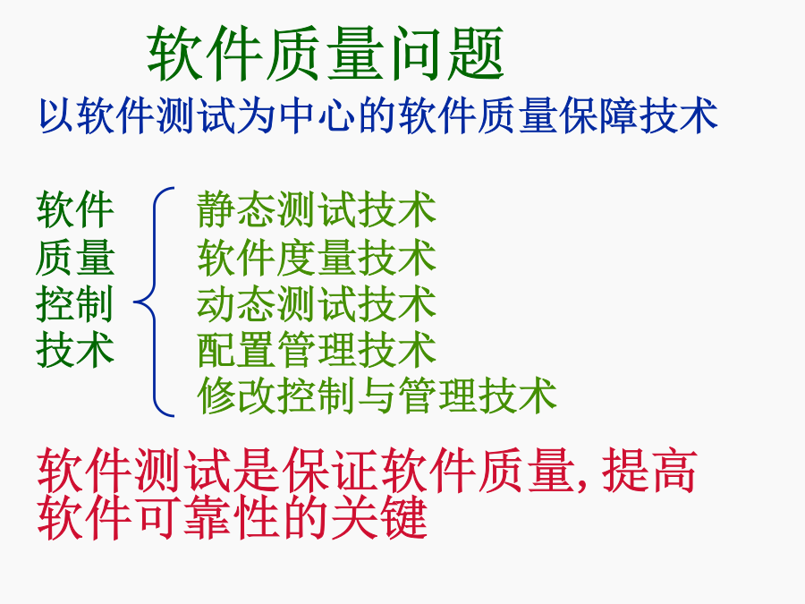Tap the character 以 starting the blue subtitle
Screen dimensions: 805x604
(57, 115)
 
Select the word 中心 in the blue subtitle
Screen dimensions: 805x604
(318, 115)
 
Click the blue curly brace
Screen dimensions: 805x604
(154, 302)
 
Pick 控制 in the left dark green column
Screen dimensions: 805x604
(75, 304)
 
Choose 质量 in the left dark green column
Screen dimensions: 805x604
(75, 258)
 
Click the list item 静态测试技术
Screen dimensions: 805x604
(317, 209)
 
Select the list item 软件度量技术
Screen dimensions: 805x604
(317, 257)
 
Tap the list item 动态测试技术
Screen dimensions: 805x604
(317, 304)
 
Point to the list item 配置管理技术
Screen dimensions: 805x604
(317, 350)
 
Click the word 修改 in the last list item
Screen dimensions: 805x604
(237, 395)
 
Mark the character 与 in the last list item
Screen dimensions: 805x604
(377, 395)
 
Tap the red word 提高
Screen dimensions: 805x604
(649, 470)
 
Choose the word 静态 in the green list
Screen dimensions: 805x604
(237, 209)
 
